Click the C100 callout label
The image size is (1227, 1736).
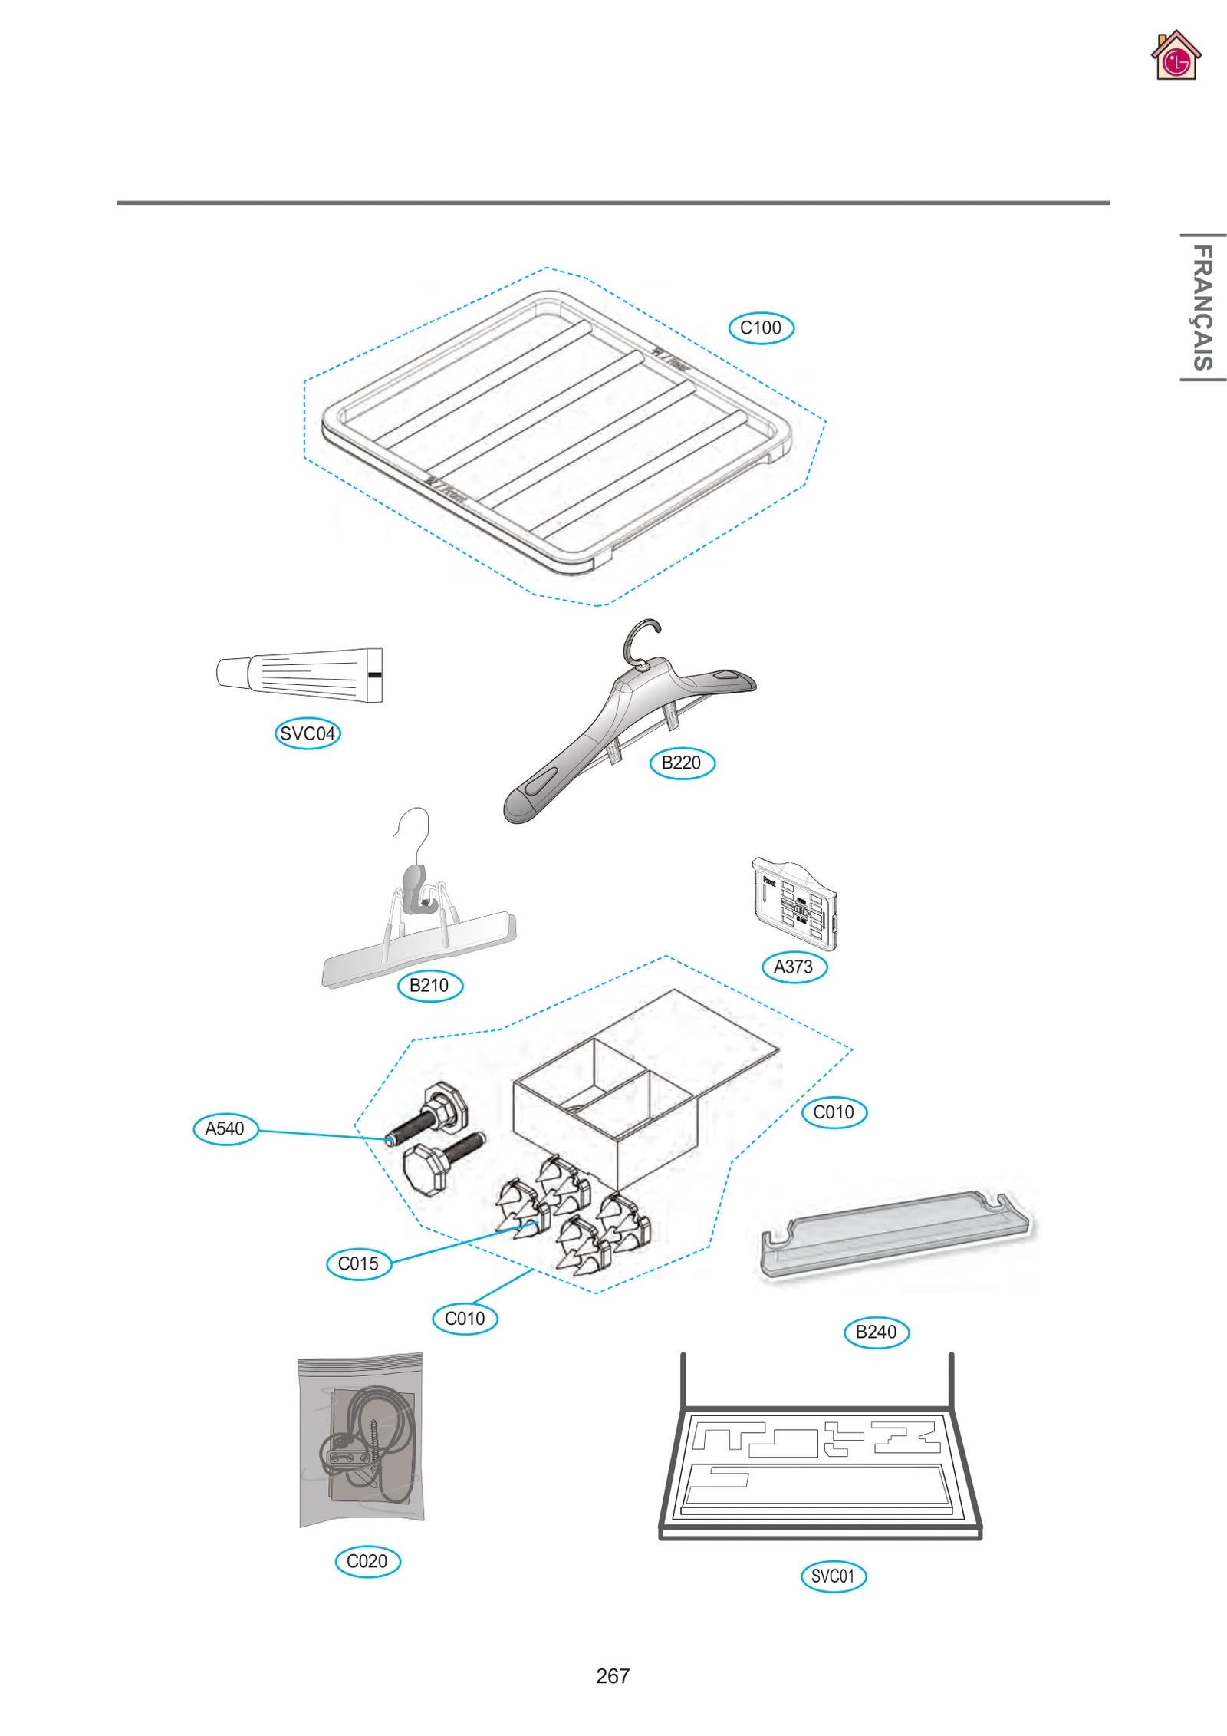point(761,328)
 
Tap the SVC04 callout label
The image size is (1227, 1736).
point(308,733)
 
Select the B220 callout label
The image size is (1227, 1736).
point(682,763)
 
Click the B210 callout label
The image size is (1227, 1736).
point(429,985)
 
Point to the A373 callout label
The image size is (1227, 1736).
point(794,967)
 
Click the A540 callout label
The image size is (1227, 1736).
point(225,1128)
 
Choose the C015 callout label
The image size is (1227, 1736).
point(358,1263)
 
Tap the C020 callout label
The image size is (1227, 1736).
point(367,1561)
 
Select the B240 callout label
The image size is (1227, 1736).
point(876,1332)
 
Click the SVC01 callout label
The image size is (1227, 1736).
point(833,1576)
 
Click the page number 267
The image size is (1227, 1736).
point(612,1676)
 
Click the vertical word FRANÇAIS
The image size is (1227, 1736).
point(1202,308)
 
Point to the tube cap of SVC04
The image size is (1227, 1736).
point(232,673)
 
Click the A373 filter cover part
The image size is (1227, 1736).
point(794,904)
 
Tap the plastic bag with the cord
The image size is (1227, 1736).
point(362,1441)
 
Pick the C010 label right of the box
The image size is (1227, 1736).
point(834,1112)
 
